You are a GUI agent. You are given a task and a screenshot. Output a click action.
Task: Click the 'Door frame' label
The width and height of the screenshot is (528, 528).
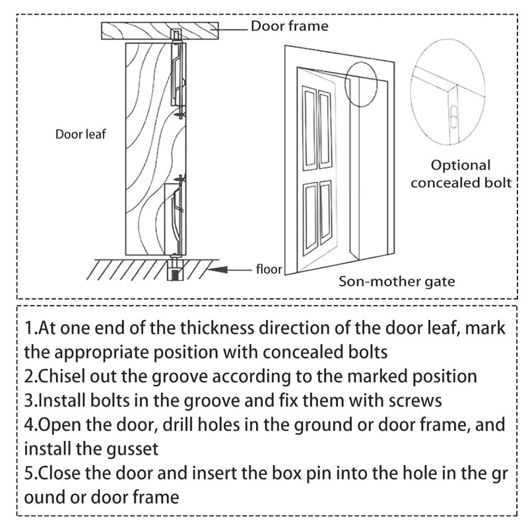click(x=289, y=27)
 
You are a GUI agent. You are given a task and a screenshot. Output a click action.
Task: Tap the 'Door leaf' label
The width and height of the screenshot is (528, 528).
click(x=81, y=135)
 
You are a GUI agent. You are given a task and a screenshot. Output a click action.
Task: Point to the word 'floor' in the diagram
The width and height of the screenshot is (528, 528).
click(x=269, y=269)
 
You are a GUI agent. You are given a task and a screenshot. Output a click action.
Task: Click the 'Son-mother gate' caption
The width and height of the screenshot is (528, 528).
click(x=397, y=282)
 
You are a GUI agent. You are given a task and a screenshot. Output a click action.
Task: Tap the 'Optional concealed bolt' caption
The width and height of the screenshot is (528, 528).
click(x=461, y=174)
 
